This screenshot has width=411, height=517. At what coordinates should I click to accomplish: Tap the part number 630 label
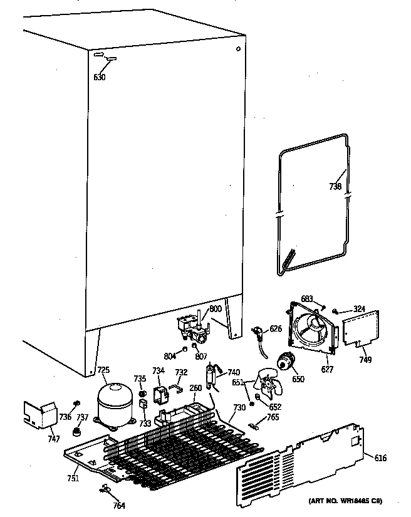click(99, 77)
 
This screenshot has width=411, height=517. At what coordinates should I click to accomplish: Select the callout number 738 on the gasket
click(336, 186)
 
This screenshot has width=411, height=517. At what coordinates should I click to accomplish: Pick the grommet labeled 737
click(78, 432)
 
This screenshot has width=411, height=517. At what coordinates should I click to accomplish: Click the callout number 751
click(74, 479)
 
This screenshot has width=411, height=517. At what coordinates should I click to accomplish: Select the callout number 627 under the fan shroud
click(327, 369)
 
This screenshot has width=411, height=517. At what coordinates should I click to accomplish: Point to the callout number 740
click(234, 372)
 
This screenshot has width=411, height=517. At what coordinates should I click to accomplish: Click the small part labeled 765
click(254, 427)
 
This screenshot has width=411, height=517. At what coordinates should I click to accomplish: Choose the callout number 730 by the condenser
click(239, 407)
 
